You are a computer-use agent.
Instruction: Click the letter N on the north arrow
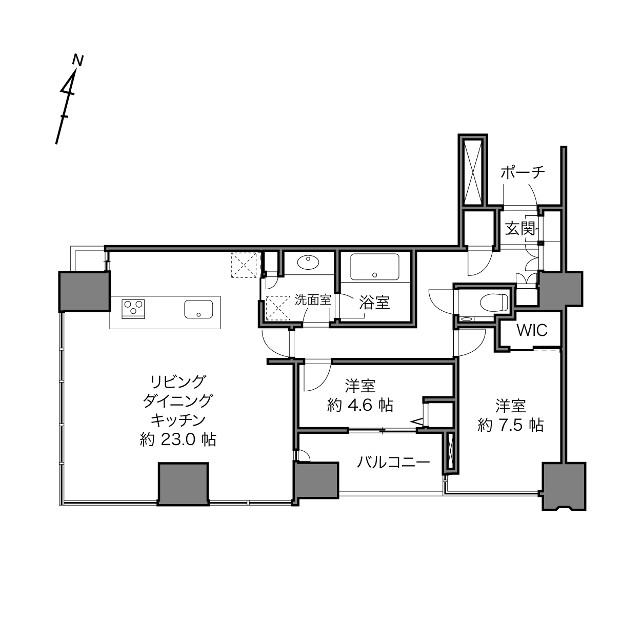(x=78, y=61)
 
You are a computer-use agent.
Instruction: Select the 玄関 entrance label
(x=520, y=229)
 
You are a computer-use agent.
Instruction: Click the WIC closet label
(x=532, y=330)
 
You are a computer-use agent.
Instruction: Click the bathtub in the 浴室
(x=375, y=267)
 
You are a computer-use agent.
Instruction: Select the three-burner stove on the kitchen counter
(x=133, y=309)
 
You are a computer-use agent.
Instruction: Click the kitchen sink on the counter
(x=198, y=309)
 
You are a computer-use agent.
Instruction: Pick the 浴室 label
(x=374, y=302)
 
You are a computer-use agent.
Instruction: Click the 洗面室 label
(x=313, y=300)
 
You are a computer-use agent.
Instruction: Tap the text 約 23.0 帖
(x=178, y=440)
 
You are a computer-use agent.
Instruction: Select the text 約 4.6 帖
(x=360, y=405)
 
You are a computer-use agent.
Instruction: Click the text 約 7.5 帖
(x=511, y=425)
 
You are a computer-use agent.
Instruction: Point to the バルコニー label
(x=393, y=463)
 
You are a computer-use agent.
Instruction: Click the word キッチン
(x=178, y=420)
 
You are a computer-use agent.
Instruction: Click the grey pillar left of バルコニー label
(x=316, y=480)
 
